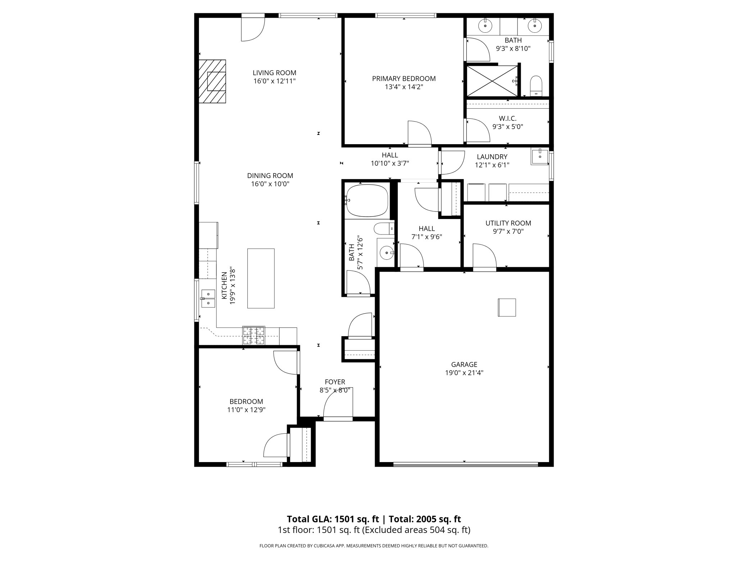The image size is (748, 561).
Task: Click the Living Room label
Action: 274,73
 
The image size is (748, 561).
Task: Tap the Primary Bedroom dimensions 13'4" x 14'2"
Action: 404,87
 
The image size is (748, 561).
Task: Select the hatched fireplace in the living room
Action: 213,81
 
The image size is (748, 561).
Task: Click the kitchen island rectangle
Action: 261,278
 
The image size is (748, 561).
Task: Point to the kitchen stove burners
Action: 254,336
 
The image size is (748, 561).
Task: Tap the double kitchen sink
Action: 208,298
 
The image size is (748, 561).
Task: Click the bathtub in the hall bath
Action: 367,201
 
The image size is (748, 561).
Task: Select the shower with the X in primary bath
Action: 492,81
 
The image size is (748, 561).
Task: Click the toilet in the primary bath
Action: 536,86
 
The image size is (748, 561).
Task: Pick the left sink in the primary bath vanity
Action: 485,26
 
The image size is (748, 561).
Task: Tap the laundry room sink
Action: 540,157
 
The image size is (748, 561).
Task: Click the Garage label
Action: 464,364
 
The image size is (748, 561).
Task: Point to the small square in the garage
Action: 507,307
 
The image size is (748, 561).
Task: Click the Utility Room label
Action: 508,223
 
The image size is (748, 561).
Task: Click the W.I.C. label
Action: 508,118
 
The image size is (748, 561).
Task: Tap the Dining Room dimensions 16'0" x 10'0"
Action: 270,184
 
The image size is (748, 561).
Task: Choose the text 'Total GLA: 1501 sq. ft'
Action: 333,519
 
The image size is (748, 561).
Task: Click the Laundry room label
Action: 492,157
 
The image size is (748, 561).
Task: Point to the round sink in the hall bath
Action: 386,252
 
